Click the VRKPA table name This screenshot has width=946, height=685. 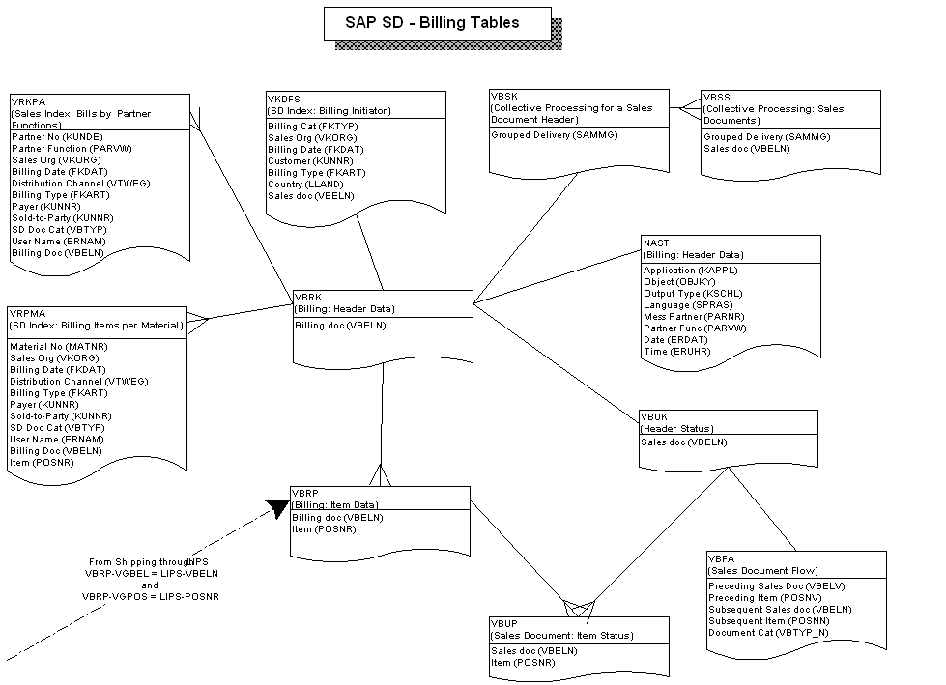[25, 101]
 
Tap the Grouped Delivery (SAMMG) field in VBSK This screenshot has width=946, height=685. [553, 136]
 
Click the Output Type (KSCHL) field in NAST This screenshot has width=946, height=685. [692, 294]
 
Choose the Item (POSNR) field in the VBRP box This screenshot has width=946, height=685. [316, 529]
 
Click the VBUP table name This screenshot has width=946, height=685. [505, 624]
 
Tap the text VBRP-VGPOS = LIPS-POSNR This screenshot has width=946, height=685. [150, 597]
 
